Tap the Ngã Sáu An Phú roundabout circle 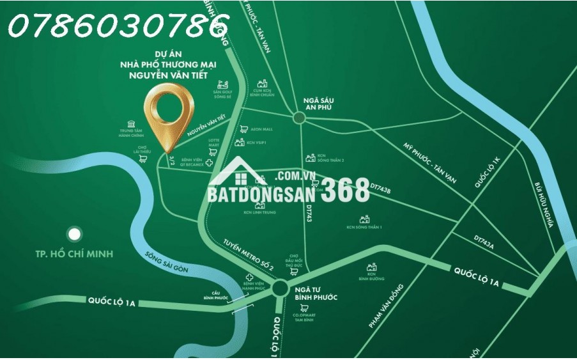click(x=299, y=117)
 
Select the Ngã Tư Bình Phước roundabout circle click(x=280, y=288)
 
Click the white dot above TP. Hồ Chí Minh click(x=75, y=234)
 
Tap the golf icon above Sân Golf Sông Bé click(x=222, y=84)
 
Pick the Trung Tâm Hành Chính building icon click(x=131, y=123)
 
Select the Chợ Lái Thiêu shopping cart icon click(x=144, y=155)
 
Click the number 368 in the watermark click(x=345, y=191)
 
